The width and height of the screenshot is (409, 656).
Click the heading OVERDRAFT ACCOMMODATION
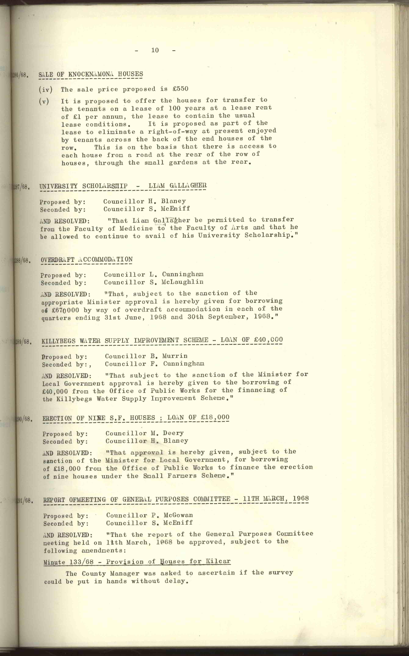coord(86,259)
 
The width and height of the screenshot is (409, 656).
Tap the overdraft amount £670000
coord(65,310)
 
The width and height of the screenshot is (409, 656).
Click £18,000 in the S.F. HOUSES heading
coord(215,417)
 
